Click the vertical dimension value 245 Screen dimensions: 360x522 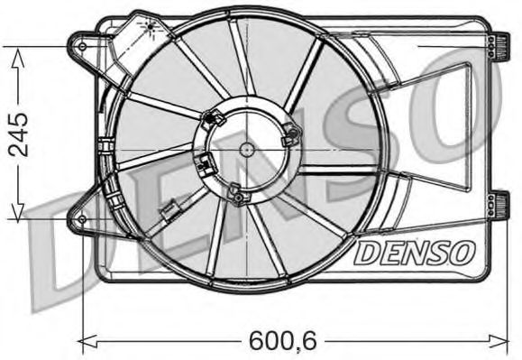[17, 133]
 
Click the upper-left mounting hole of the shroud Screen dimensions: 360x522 [82, 46]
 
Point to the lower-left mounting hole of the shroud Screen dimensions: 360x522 [82, 219]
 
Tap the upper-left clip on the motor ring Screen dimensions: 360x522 [215, 117]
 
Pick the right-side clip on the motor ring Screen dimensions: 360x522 [289, 137]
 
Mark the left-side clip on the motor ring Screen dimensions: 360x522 [205, 166]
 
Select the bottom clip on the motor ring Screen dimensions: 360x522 [236, 193]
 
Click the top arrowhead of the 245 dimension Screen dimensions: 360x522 [17, 52]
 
